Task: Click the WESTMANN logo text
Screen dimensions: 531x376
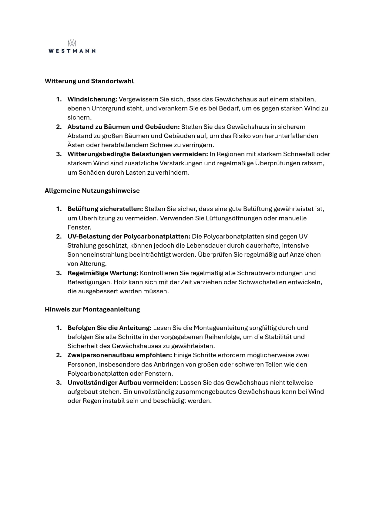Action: click(x=72, y=51)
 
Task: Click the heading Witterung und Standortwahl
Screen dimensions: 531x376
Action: click(x=89, y=81)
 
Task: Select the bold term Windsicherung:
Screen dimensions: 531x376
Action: click(x=92, y=99)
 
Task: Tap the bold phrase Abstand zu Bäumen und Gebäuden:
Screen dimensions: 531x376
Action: click(x=123, y=127)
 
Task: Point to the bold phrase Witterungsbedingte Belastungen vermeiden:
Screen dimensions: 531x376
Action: click(x=138, y=154)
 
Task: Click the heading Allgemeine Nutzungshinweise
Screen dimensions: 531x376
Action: click(x=92, y=191)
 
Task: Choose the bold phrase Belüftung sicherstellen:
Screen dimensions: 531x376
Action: click(x=105, y=209)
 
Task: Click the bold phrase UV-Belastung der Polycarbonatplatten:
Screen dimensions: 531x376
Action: click(x=129, y=236)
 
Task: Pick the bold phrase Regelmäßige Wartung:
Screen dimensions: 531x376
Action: click(x=103, y=273)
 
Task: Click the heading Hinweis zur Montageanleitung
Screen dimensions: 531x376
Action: click(x=92, y=309)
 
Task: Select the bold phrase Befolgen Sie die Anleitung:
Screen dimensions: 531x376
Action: click(x=109, y=328)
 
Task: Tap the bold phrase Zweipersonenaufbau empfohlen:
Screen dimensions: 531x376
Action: click(x=119, y=355)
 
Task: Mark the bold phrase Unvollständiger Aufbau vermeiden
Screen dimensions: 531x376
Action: click(x=122, y=383)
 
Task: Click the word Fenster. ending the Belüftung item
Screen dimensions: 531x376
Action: click(x=79, y=227)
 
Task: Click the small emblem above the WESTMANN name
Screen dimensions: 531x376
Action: click(x=72, y=43)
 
